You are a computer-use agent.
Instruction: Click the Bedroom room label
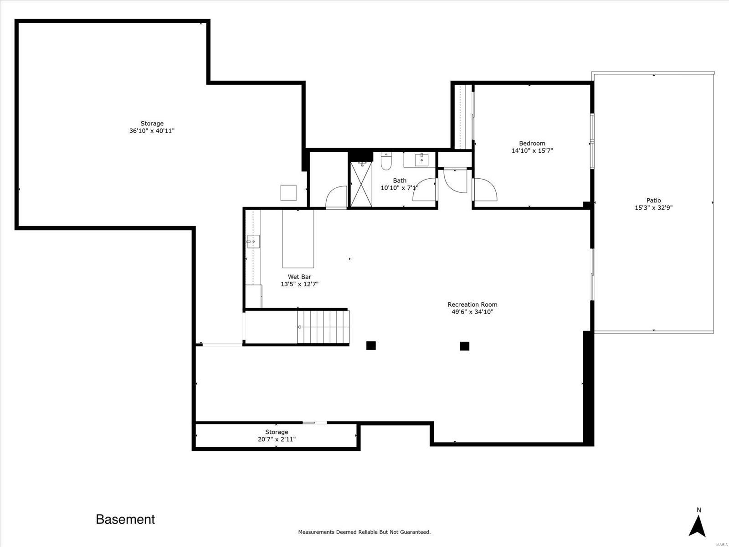pos(532,143)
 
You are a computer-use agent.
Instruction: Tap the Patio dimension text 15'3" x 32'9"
pos(653,207)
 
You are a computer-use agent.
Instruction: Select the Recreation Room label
pos(472,304)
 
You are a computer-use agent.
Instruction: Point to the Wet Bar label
pos(299,277)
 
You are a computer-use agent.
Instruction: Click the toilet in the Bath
pos(386,161)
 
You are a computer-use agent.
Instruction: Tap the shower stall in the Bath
pos(361,184)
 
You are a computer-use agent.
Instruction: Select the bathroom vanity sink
pos(421,160)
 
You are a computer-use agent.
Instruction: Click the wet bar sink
pos(253,242)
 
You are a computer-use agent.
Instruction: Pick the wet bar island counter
pos(298,238)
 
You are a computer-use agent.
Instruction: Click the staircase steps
pos(323,327)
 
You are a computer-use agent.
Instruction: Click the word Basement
pos(125,520)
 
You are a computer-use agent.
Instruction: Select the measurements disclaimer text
pos(364,532)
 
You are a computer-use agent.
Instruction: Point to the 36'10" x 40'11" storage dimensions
pos(152,131)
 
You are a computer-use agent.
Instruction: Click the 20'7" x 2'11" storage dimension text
pos(276,439)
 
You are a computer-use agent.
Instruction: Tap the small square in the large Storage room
pos(288,193)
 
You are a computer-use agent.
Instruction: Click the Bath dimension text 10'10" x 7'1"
pos(399,188)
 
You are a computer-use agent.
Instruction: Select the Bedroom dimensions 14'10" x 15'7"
pos(532,150)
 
